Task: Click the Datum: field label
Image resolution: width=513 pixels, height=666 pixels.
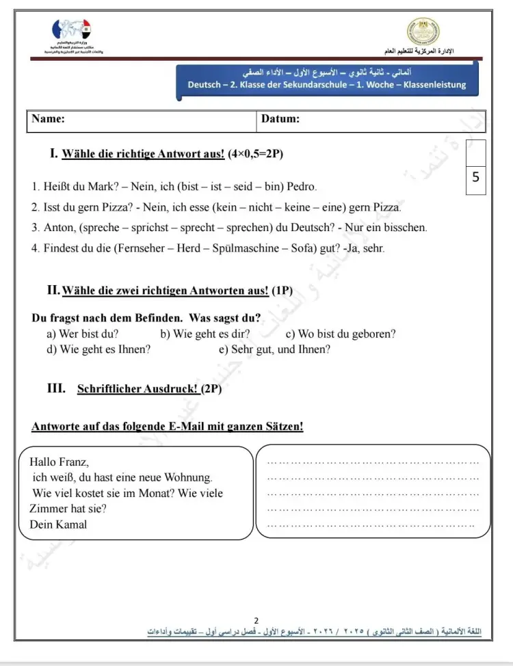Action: click(280, 119)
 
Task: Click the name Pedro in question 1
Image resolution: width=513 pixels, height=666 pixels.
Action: click(302, 186)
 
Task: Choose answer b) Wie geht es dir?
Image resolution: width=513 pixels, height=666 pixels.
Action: click(205, 334)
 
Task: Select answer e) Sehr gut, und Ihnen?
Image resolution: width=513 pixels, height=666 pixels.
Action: click(274, 349)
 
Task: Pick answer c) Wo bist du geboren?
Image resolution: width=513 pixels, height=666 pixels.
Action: click(340, 334)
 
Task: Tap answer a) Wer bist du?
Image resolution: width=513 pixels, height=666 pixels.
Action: click(82, 334)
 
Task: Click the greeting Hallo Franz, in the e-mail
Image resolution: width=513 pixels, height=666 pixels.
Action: click(60, 462)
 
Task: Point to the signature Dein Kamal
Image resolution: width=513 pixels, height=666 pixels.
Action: click(58, 524)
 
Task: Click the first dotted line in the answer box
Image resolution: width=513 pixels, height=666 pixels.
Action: click(373, 463)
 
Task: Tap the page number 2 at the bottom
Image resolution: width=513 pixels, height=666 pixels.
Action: click(256, 620)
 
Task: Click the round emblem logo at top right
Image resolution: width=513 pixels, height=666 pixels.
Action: click(423, 33)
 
